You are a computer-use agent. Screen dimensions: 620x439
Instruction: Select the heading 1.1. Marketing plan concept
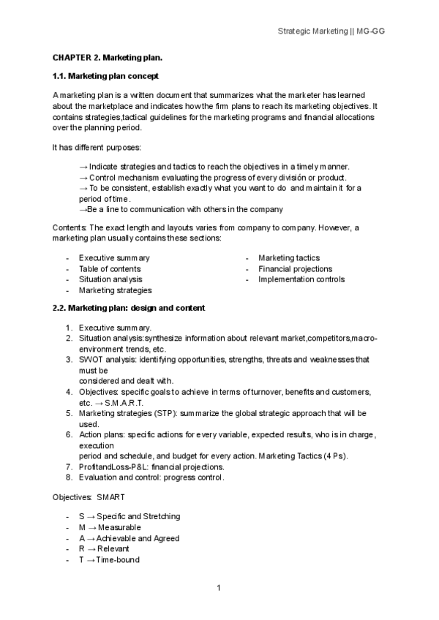click(x=105, y=76)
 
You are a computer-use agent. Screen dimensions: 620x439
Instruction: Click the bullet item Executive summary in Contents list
click(x=114, y=258)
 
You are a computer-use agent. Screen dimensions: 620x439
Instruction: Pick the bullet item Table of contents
click(x=110, y=269)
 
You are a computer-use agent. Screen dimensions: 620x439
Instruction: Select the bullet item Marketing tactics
click(x=289, y=258)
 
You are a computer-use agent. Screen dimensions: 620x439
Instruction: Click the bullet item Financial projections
click(x=295, y=269)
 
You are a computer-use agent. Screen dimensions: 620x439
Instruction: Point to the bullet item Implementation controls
click(x=301, y=279)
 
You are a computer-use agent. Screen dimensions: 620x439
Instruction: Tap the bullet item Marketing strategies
click(x=115, y=290)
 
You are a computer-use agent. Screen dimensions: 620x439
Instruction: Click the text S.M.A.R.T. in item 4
click(x=124, y=403)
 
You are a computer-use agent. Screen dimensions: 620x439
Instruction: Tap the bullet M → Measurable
click(x=110, y=527)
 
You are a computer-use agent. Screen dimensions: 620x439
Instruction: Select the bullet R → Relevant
click(x=103, y=549)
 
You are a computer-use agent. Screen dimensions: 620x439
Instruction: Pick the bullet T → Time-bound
click(x=108, y=560)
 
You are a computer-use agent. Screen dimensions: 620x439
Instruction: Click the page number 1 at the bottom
click(x=219, y=587)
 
